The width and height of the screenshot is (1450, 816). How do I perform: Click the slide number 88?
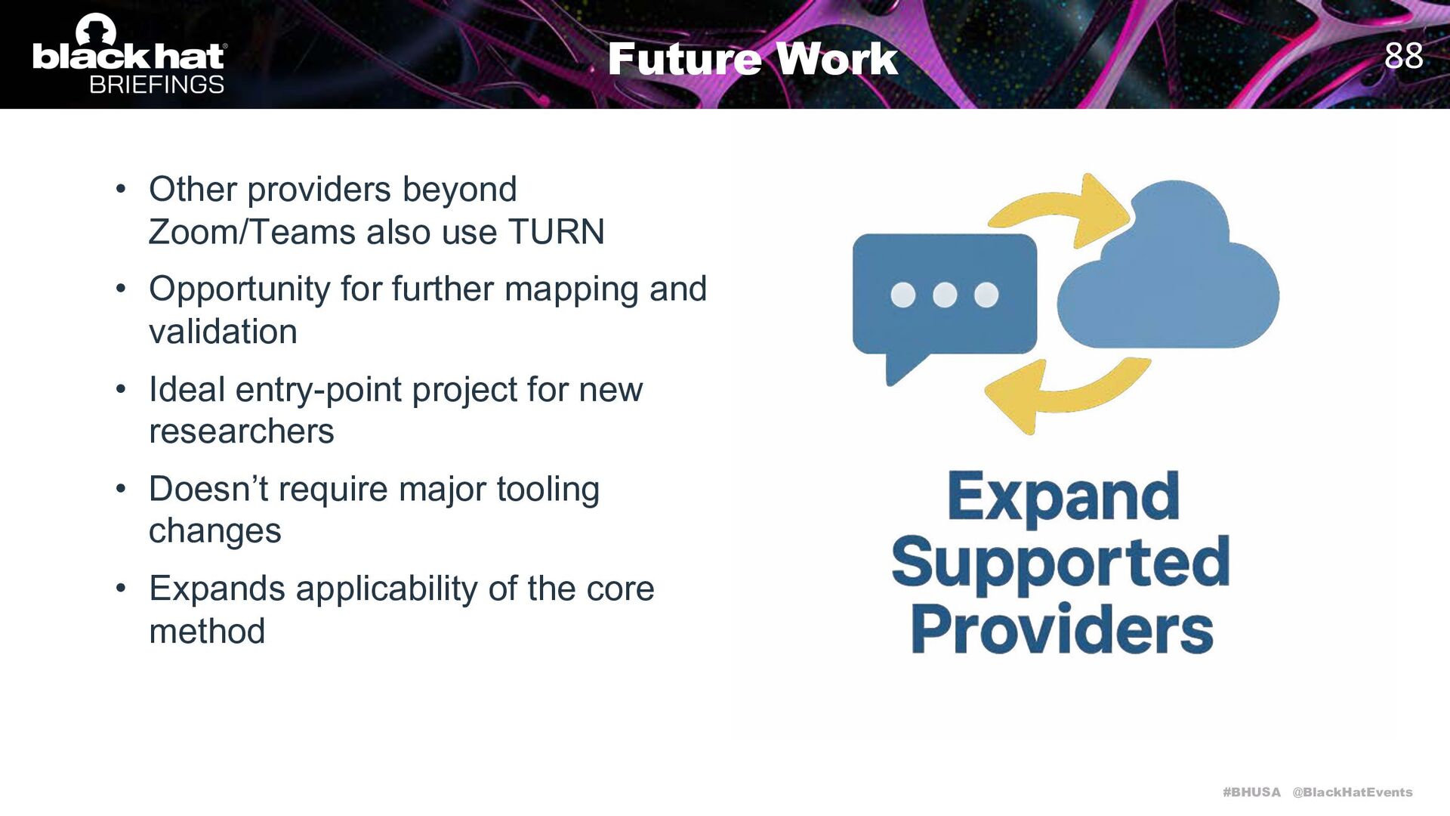point(1403,56)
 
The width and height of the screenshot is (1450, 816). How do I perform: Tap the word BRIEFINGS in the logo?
point(156,85)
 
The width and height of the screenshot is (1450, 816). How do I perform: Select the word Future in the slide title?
point(683,59)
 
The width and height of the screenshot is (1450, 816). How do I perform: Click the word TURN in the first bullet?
point(556,232)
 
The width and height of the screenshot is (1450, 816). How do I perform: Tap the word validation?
point(223,332)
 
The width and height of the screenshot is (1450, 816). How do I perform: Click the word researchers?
point(241,431)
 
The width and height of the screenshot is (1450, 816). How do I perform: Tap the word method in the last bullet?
point(207,631)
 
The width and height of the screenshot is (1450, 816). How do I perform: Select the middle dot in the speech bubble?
point(945,295)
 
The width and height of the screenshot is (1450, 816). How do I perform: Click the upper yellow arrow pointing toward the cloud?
point(1057,208)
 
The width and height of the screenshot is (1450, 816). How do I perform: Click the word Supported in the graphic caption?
point(1060,563)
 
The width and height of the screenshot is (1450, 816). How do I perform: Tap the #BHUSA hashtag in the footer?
point(1251,792)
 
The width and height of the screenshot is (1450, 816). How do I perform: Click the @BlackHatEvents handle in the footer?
point(1352,792)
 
